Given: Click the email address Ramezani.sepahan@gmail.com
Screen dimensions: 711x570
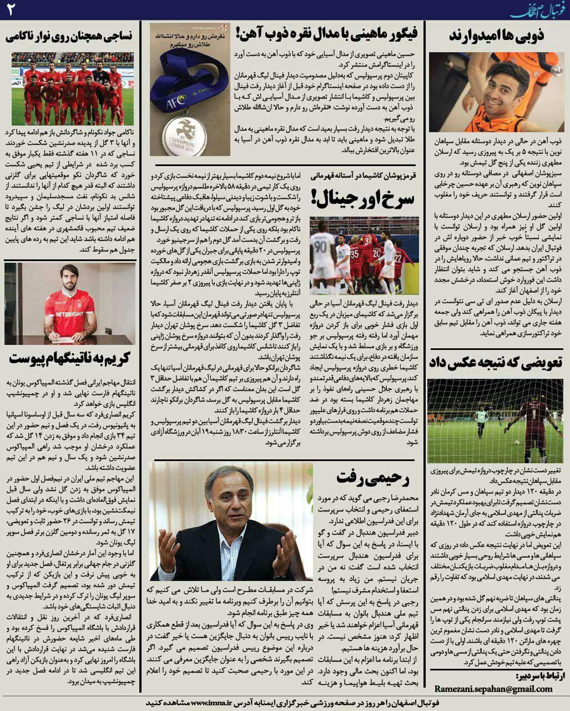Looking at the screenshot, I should [493, 688].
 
